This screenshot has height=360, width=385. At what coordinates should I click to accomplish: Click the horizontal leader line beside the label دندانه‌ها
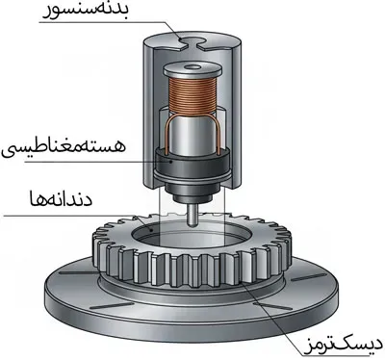[58, 214]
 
